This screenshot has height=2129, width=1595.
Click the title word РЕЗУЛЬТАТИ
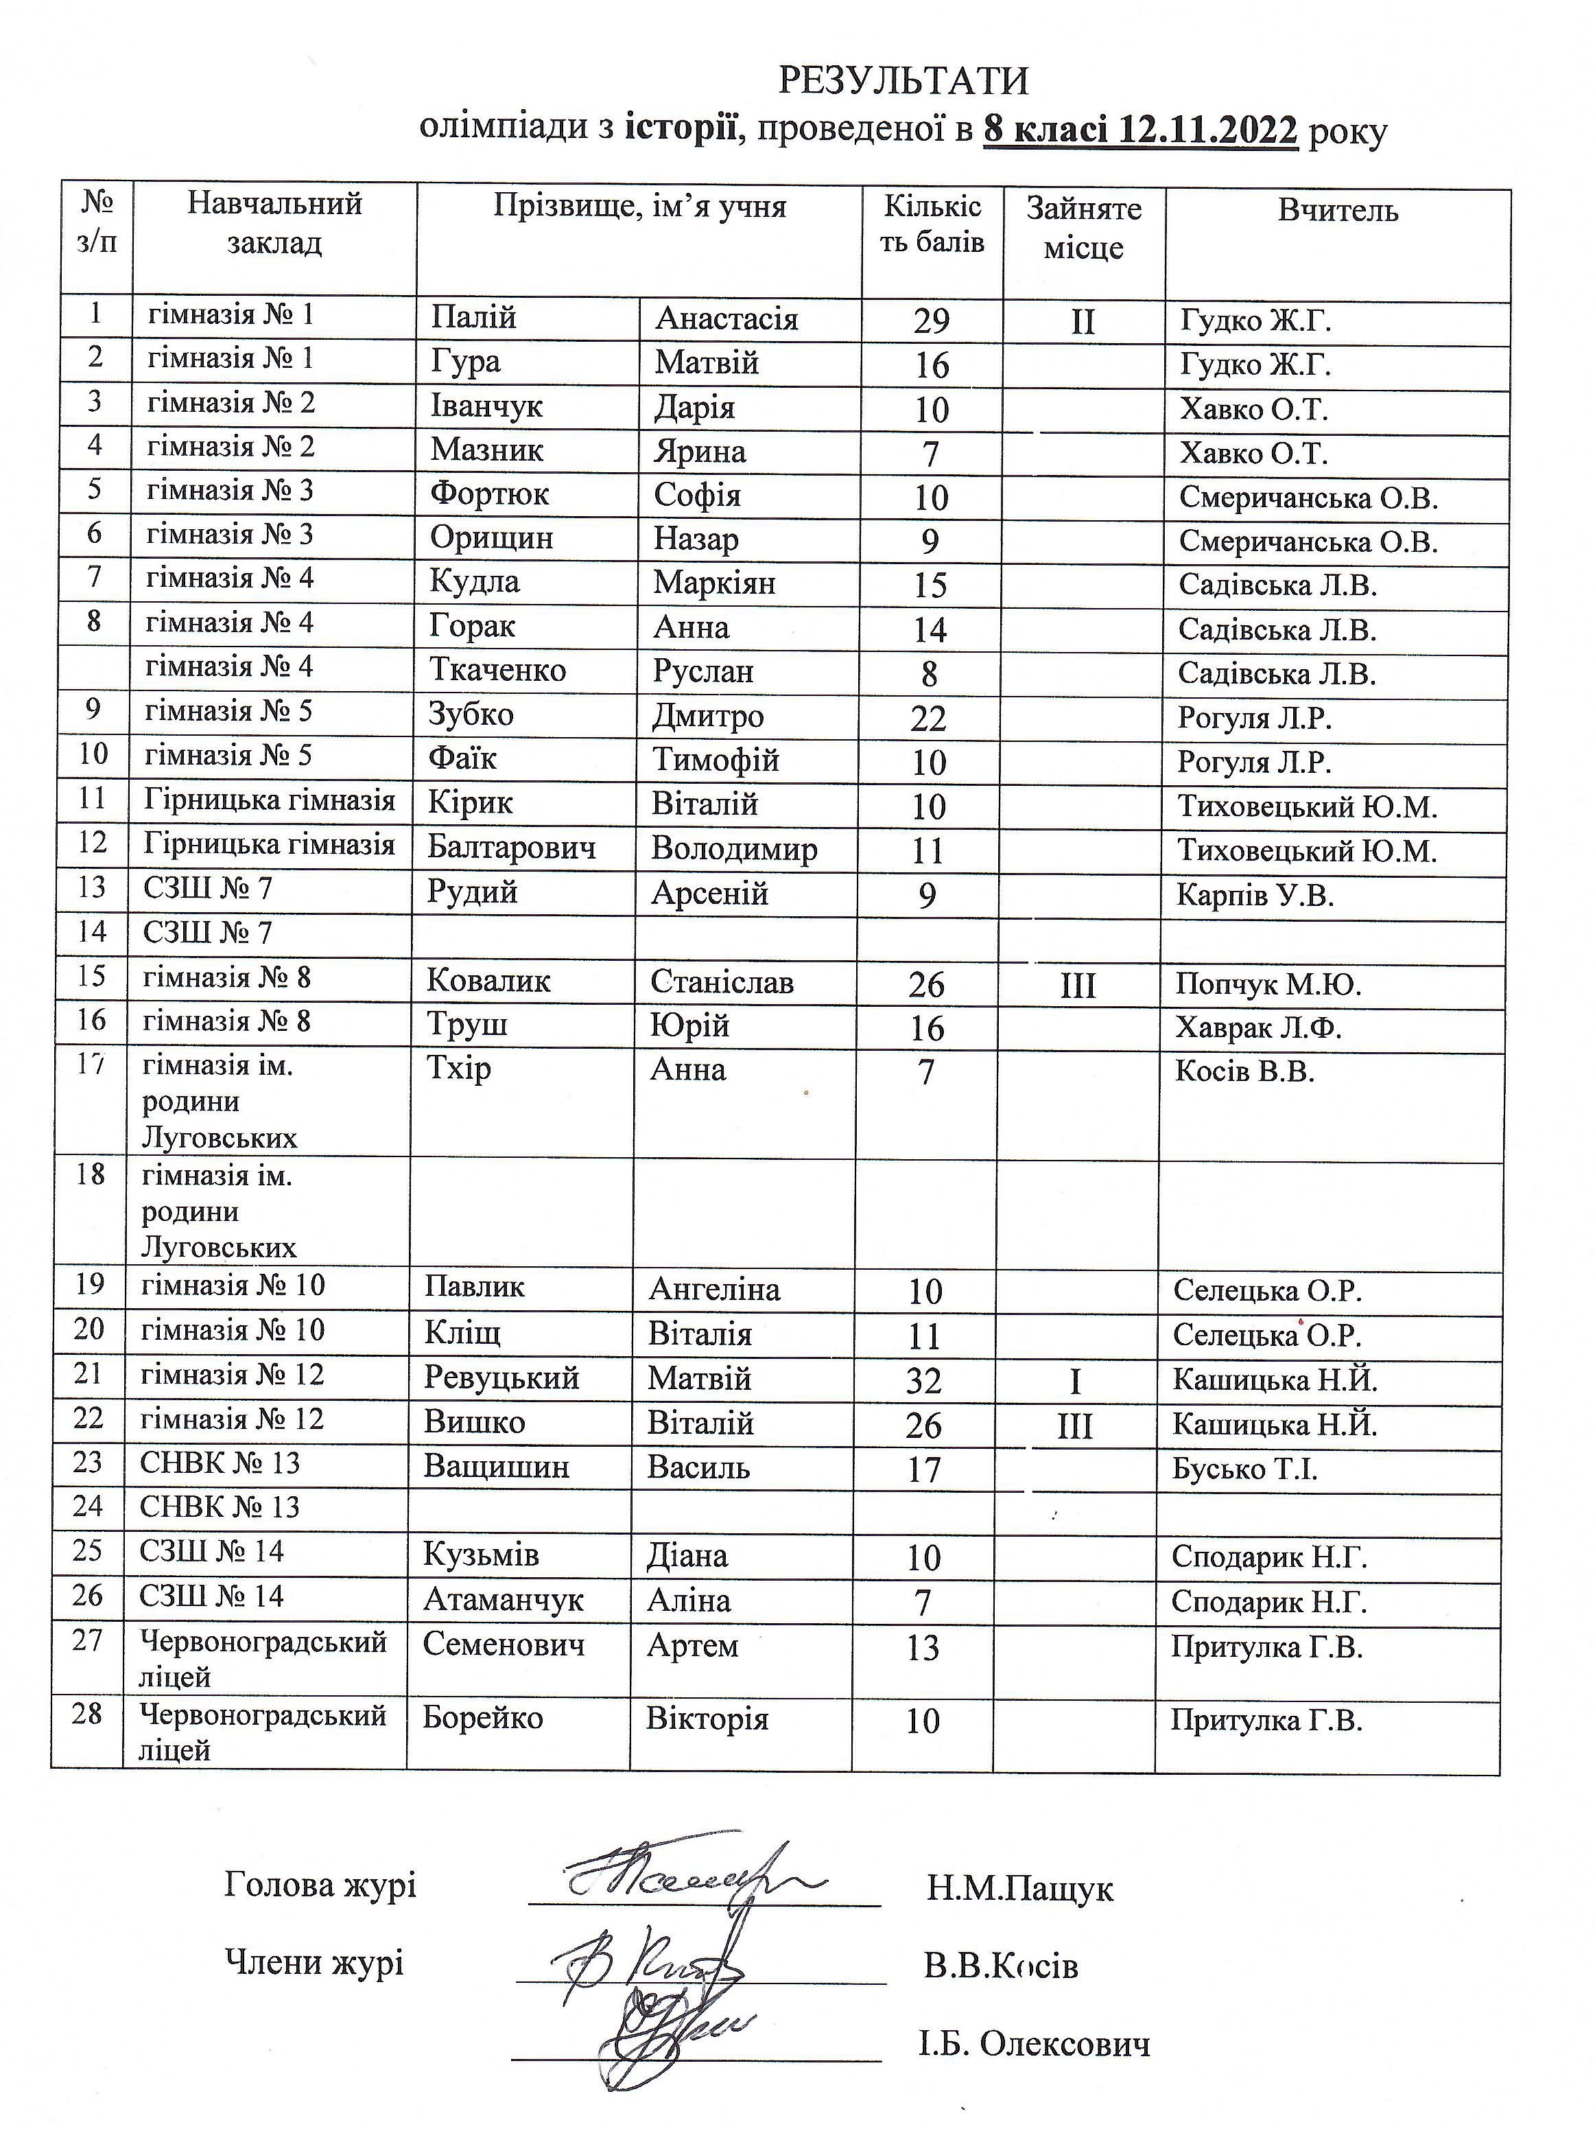tap(902, 81)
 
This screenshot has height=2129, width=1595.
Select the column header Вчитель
tap(1337, 211)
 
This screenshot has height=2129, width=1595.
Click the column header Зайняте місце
tap(1084, 228)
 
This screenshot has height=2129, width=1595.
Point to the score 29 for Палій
tap(931, 321)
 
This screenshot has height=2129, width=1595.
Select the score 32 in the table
tap(923, 1381)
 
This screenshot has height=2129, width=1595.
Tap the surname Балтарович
tap(512, 847)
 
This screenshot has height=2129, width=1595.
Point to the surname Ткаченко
tap(497, 670)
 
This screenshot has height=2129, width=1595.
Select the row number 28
tap(88, 1713)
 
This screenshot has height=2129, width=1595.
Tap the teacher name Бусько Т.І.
tap(1244, 1469)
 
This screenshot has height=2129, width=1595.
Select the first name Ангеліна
tap(714, 1289)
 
